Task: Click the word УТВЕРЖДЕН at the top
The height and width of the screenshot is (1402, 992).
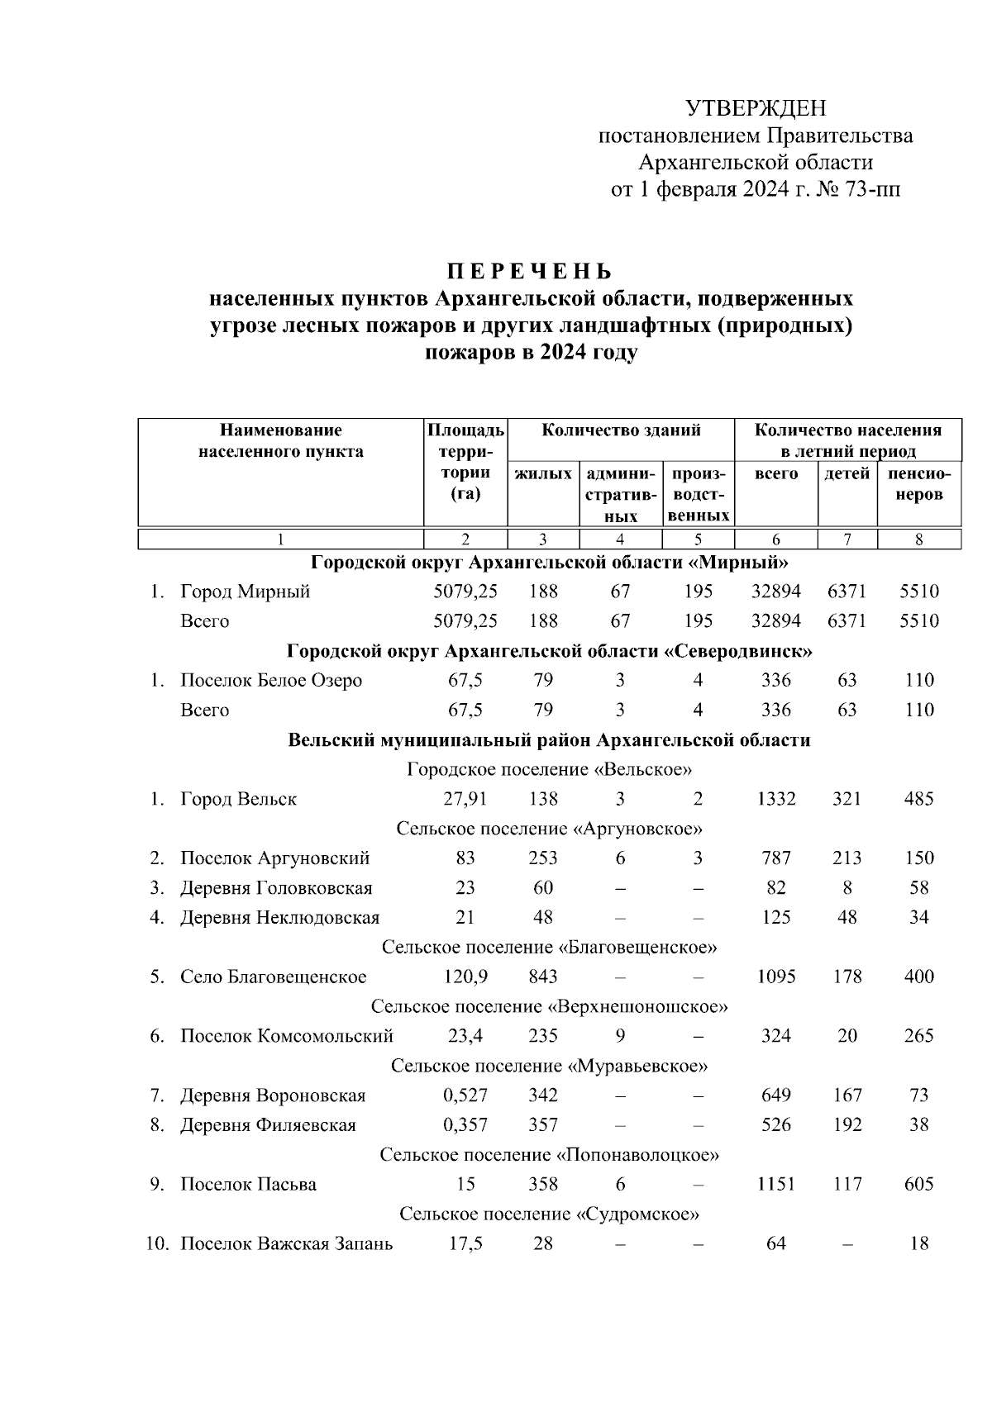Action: click(x=756, y=108)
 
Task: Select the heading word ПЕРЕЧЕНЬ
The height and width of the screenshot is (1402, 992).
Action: click(x=530, y=271)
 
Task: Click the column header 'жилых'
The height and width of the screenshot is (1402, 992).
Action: click(x=542, y=474)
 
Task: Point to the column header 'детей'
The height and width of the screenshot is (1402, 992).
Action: click(x=847, y=474)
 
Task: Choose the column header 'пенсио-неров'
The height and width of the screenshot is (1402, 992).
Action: click(x=918, y=484)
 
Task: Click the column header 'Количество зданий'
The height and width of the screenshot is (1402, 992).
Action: click(x=621, y=430)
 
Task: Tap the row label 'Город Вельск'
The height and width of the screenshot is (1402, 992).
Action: click(x=238, y=799)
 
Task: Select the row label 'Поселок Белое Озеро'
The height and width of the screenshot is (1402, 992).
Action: click(x=271, y=681)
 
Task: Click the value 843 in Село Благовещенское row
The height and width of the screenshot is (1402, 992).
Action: click(x=542, y=977)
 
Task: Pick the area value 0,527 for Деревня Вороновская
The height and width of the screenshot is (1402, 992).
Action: click(x=465, y=1095)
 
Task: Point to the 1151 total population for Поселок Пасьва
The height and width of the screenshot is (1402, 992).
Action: click(x=775, y=1185)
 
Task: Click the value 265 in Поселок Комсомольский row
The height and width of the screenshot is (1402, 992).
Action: click(x=918, y=1036)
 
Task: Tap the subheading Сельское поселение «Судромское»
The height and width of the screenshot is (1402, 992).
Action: click(x=549, y=1214)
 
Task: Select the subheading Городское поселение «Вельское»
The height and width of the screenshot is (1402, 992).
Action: click(x=549, y=770)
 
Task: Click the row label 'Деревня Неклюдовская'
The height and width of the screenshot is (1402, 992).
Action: click(x=279, y=918)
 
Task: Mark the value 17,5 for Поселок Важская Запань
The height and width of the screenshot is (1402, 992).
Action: click(x=465, y=1244)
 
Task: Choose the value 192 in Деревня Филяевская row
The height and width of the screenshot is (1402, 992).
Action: click(x=847, y=1125)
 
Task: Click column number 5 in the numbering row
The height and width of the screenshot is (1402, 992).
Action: click(x=698, y=539)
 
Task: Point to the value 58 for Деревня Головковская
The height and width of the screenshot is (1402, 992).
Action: click(x=918, y=888)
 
